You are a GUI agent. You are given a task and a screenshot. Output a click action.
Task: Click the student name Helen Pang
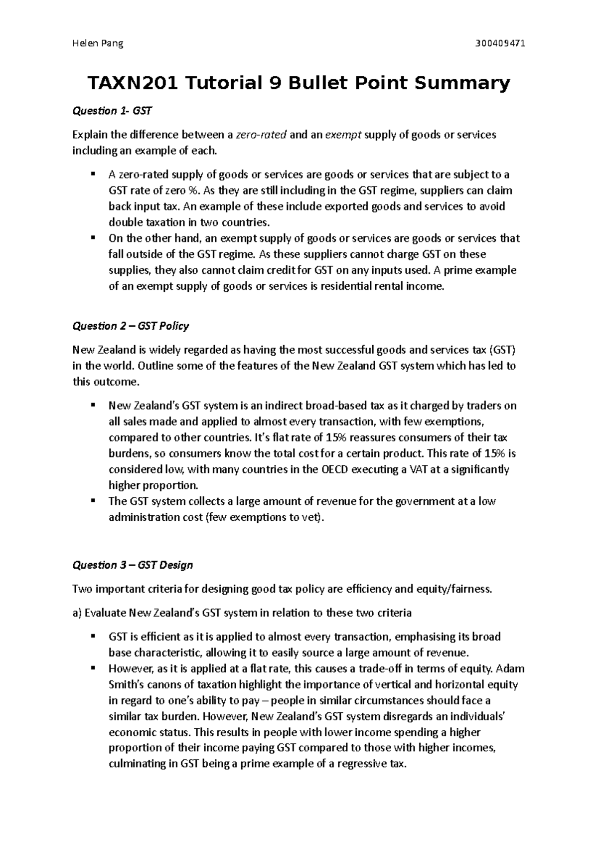(x=98, y=43)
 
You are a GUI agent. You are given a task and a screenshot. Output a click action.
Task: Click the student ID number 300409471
(x=500, y=43)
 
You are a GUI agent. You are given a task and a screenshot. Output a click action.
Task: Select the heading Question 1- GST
(x=112, y=111)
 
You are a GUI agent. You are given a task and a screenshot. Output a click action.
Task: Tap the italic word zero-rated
(x=261, y=135)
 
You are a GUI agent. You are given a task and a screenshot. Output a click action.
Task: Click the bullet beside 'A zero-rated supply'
(x=93, y=174)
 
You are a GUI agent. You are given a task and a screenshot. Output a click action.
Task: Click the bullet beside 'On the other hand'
(x=93, y=238)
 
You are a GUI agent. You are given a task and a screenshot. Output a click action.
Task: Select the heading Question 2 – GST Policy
(x=131, y=326)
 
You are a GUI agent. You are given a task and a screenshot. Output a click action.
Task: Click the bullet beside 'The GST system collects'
(x=93, y=500)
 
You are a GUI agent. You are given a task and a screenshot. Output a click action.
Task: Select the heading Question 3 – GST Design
(x=132, y=565)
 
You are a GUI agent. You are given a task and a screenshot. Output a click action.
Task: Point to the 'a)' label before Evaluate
(x=77, y=613)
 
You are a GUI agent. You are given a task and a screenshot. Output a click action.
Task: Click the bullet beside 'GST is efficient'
(x=93, y=636)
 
